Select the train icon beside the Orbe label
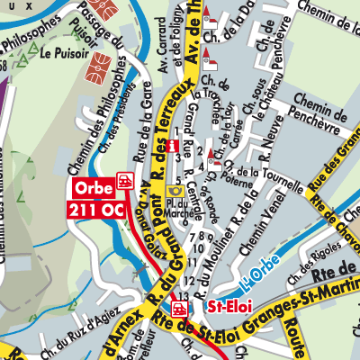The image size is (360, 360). [125, 180]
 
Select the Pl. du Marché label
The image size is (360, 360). [177, 212]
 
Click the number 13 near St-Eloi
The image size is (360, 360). [184, 295]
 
